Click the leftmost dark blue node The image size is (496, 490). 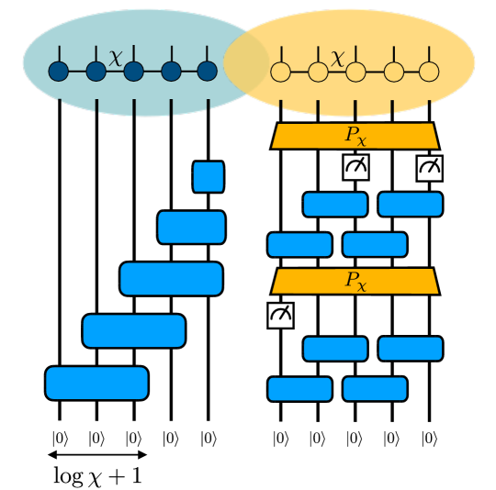click(59, 71)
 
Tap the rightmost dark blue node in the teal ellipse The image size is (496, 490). click(208, 71)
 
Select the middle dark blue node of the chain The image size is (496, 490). click(133, 71)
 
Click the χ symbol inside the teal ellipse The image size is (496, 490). click(115, 57)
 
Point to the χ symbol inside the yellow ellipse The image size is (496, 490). click(338, 57)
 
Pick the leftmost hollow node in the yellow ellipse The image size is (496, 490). click(281, 72)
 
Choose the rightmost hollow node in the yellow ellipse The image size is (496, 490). click(429, 72)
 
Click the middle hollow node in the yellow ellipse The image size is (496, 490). click(355, 72)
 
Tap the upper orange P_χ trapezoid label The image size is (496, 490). click(355, 136)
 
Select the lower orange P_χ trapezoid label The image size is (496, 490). click(355, 281)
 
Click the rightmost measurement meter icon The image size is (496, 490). click(429, 167)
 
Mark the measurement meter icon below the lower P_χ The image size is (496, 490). click(280, 315)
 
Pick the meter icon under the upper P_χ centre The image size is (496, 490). click(355, 167)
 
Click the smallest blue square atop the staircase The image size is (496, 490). click(209, 177)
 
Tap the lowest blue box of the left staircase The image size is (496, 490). click(96, 383)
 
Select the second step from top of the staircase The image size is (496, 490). click(191, 228)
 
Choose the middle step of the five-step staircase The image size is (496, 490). click(171, 279)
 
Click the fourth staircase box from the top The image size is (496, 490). click(134, 330)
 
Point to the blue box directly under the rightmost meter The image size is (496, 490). click(411, 205)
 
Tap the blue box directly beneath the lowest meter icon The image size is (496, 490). click(299, 389)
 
